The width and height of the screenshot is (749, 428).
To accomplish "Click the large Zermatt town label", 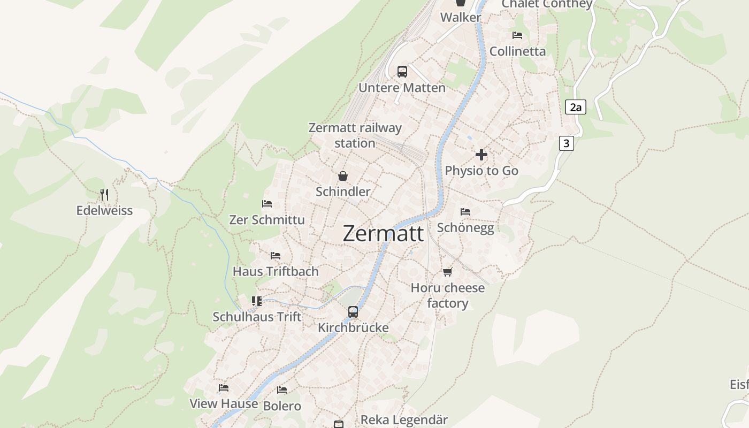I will point(383,234).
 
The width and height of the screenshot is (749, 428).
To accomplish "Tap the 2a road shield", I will point(575,107).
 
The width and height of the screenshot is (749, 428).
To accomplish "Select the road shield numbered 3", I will point(567,143).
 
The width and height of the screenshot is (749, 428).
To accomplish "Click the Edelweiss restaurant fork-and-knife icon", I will point(104,195).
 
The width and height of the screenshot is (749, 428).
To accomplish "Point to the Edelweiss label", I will point(104,210).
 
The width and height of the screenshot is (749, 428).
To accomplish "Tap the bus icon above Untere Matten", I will point(402,72).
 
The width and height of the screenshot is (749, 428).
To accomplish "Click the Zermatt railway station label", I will point(355,135).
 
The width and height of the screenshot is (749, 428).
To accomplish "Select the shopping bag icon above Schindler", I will point(342,176).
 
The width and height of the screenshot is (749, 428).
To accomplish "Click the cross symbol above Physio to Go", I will point(481,155).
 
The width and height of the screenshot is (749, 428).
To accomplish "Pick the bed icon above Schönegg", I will point(465,212).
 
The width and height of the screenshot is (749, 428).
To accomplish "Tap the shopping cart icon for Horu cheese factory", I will point(447,272).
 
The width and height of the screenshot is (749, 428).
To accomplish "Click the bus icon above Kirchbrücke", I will point(353,311).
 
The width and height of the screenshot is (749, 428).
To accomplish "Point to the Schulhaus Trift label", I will point(257,317).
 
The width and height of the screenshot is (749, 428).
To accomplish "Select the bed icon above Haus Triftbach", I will point(275,256).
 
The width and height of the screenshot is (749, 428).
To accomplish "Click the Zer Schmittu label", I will point(266,220).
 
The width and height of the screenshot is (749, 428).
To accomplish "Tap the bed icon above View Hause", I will point(224,388).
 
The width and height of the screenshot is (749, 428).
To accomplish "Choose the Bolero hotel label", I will point(282,406).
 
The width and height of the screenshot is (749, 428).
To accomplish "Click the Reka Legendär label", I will point(404,420).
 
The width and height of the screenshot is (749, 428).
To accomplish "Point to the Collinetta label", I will point(517,51).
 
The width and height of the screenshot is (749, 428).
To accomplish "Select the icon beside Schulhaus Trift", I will point(257,301).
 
